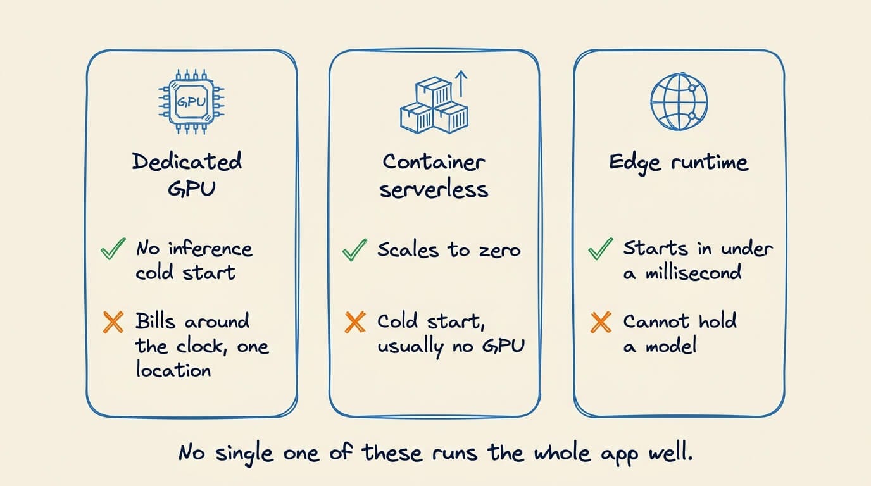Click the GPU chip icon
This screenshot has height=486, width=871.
pyautogui.click(x=191, y=102)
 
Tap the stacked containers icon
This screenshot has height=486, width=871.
pyautogui.click(x=434, y=106)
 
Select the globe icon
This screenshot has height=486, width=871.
pyautogui.click(x=679, y=101)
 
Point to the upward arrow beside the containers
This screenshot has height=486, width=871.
pyautogui.click(x=461, y=83)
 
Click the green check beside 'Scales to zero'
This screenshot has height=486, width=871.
pyautogui.click(x=354, y=249)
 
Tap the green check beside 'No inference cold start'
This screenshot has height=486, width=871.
pyautogui.click(x=113, y=249)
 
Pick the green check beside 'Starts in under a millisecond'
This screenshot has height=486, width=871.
pyautogui.click(x=600, y=249)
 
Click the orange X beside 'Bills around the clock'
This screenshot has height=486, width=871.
pyautogui.click(x=113, y=322)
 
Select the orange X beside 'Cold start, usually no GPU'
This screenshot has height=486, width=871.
pyautogui.click(x=355, y=322)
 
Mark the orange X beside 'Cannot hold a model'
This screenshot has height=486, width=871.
pyautogui.click(x=601, y=322)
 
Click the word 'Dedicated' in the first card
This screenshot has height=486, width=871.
pyautogui.click(x=187, y=161)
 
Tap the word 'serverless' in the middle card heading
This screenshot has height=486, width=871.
pyautogui.click(x=434, y=190)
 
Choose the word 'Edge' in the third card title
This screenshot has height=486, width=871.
pyautogui.click(x=635, y=163)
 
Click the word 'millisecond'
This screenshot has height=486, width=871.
pyautogui.click(x=693, y=272)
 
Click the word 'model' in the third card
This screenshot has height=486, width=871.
pyautogui.click(x=671, y=346)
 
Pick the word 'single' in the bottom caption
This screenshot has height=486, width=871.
pyautogui.click(x=244, y=454)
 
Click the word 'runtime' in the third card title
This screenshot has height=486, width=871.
pyautogui.click(x=710, y=162)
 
